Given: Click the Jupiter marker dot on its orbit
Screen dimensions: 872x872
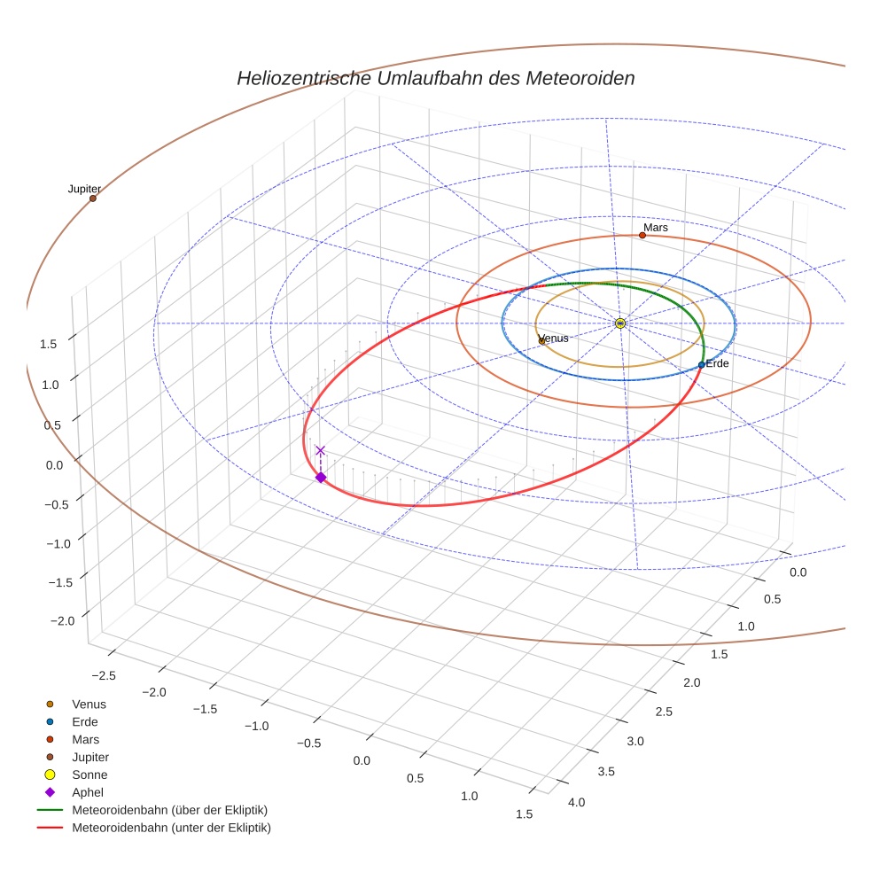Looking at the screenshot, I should tap(92, 199).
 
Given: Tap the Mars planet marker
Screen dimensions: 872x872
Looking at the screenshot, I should tap(642, 235).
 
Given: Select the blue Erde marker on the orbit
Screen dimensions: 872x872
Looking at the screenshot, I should tap(701, 364).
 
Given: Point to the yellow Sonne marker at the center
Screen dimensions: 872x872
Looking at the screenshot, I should tap(620, 323).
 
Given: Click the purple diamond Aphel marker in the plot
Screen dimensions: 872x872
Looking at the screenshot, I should tap(321, 478).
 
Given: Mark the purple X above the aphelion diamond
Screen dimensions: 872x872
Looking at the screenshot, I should tap(321, 451).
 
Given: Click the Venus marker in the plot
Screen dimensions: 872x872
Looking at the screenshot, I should tap(541, 340).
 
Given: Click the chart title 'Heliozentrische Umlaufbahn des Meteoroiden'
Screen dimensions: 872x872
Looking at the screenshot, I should tap(435, 78).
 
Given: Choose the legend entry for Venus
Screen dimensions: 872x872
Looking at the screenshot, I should tap(89, 705).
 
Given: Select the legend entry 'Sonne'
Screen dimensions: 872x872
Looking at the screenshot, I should tap(90, 775).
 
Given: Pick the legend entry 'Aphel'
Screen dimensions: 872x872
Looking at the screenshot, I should tap(88, 792).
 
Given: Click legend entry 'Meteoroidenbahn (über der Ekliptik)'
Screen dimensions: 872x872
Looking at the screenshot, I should tap(169, 810).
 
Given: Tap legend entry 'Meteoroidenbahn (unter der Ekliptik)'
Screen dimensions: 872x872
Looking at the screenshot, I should tap(171, 828).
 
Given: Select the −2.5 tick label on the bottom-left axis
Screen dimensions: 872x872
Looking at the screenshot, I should tap(104, 676).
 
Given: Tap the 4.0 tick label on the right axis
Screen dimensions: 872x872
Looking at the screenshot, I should tap(576, 803).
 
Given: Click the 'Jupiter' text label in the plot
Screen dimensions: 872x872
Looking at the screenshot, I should tap(84, 189).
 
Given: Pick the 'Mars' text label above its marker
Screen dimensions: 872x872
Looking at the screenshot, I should tap(656, 228).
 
